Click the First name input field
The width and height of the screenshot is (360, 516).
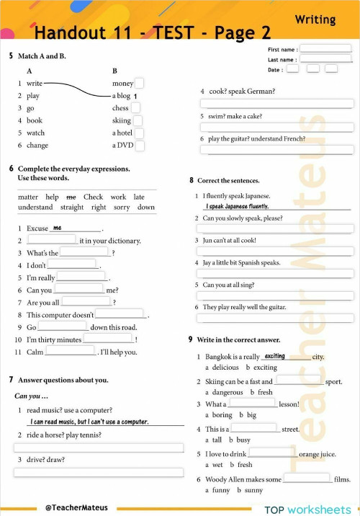(x=325, y=49)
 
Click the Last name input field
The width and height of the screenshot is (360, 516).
(x=325, y=59)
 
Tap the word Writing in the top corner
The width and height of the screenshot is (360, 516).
(x=315, y=19)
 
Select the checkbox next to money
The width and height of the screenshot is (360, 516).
(x=139, y=83)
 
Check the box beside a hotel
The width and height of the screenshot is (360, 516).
(x=140, y=133)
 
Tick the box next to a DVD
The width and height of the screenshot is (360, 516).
(x=140, y=145)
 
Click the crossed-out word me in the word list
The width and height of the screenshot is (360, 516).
(x=71, y=197)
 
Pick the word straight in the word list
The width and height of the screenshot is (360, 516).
(x=72, y=208)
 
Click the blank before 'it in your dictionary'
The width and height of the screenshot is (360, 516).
(x=51, y=240)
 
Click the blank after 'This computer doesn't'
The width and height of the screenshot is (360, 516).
(x=120, y=314)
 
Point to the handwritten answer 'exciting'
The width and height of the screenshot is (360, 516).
(x=275, y=356)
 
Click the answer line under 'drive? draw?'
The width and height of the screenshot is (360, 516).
(x=98, y=472)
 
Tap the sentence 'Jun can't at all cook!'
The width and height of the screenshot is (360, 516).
(x=230, y=240)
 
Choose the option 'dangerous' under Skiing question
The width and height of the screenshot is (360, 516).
(x=228, y=392)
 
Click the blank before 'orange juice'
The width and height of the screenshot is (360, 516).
(x=272, y=453)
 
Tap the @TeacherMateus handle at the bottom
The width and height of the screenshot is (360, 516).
(x=72, y=508)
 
